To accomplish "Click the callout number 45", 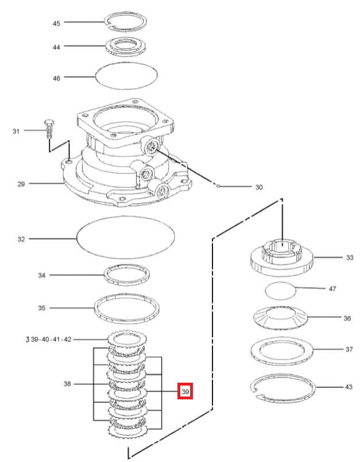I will tap(56, 24).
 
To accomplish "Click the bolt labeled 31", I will tap(49, 130).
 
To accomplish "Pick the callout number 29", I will tap(21, 184).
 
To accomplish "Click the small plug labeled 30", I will tap(219, 186).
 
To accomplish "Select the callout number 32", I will tap(21, 238).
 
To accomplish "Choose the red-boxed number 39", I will tap(185, 391).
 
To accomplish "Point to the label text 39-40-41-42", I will tap(52, 340).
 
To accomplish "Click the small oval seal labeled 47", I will tap(281, 290).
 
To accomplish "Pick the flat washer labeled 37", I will tap(282, 348).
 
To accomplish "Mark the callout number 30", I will tap(259, 187).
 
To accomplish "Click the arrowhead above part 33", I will tap(281, 201).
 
